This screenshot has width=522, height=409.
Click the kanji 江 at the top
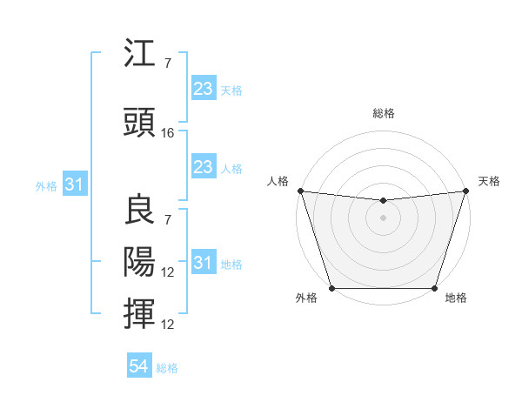click(x=140, y=56)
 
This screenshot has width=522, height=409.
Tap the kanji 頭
click(x=140, y=124)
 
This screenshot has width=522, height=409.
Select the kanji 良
click(x=140, y=208)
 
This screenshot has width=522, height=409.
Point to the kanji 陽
click(x=140, y=262)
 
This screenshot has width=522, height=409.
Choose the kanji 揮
click(x=140, y=314)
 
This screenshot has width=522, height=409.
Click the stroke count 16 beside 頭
click(x=169, y=133)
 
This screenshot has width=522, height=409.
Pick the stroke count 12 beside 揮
click(x=169, y=325)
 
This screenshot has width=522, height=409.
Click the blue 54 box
click(x=138, y=366)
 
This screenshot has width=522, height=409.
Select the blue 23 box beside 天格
click(x=203, y=89)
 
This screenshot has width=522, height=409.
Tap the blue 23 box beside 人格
click(x=203, y=167)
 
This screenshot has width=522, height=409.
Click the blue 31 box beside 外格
click(x=74, y=185)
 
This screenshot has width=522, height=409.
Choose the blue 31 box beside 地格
click(x=203, y=263)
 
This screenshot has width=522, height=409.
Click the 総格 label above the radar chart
click(x=383, y=113)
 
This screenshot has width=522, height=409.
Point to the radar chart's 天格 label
click(x=489, y=181)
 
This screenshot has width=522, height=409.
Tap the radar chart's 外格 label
click(x=306, y=298)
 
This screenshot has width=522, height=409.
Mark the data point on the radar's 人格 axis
click(x=300, y=191)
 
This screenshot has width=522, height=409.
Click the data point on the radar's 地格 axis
click(x=434, y=288)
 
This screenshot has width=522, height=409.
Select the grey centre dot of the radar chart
click(x=383, y=218)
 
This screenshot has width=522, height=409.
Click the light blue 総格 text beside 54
click(x=167, y=368)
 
